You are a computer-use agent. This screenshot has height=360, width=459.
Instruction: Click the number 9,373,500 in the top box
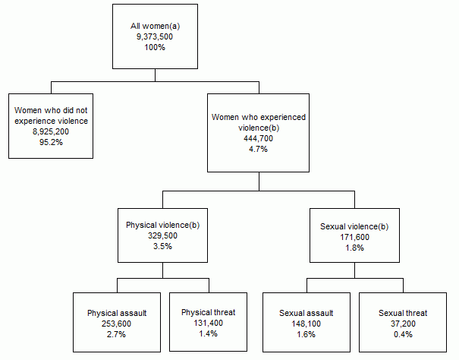(155, 36)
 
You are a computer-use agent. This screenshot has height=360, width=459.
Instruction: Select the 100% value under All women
(155, 47)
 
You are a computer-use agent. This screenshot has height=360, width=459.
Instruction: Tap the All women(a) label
(155, 26)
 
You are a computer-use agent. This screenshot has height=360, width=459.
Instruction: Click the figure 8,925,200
(51, 131)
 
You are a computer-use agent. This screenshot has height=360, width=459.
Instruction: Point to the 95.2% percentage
(51, 141)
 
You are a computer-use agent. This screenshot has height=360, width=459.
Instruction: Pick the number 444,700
(259, 138)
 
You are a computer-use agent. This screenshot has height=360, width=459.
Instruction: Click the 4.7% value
(259, 149)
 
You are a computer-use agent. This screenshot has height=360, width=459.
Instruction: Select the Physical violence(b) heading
(162, 225)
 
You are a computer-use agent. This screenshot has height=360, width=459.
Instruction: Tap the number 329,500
(162, 235)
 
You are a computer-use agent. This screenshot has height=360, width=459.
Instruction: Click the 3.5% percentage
(162, 246)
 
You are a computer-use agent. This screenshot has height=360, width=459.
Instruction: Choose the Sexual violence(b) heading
(355, 226)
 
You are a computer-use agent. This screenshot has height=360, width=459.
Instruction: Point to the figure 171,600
(355, 236)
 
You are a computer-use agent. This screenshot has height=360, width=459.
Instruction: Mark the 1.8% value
(355, 247)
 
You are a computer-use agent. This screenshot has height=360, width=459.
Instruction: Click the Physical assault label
(117, 313)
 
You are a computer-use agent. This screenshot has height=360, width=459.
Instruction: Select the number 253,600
(117, 324)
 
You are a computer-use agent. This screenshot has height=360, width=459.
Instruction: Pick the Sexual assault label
(307, 313)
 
